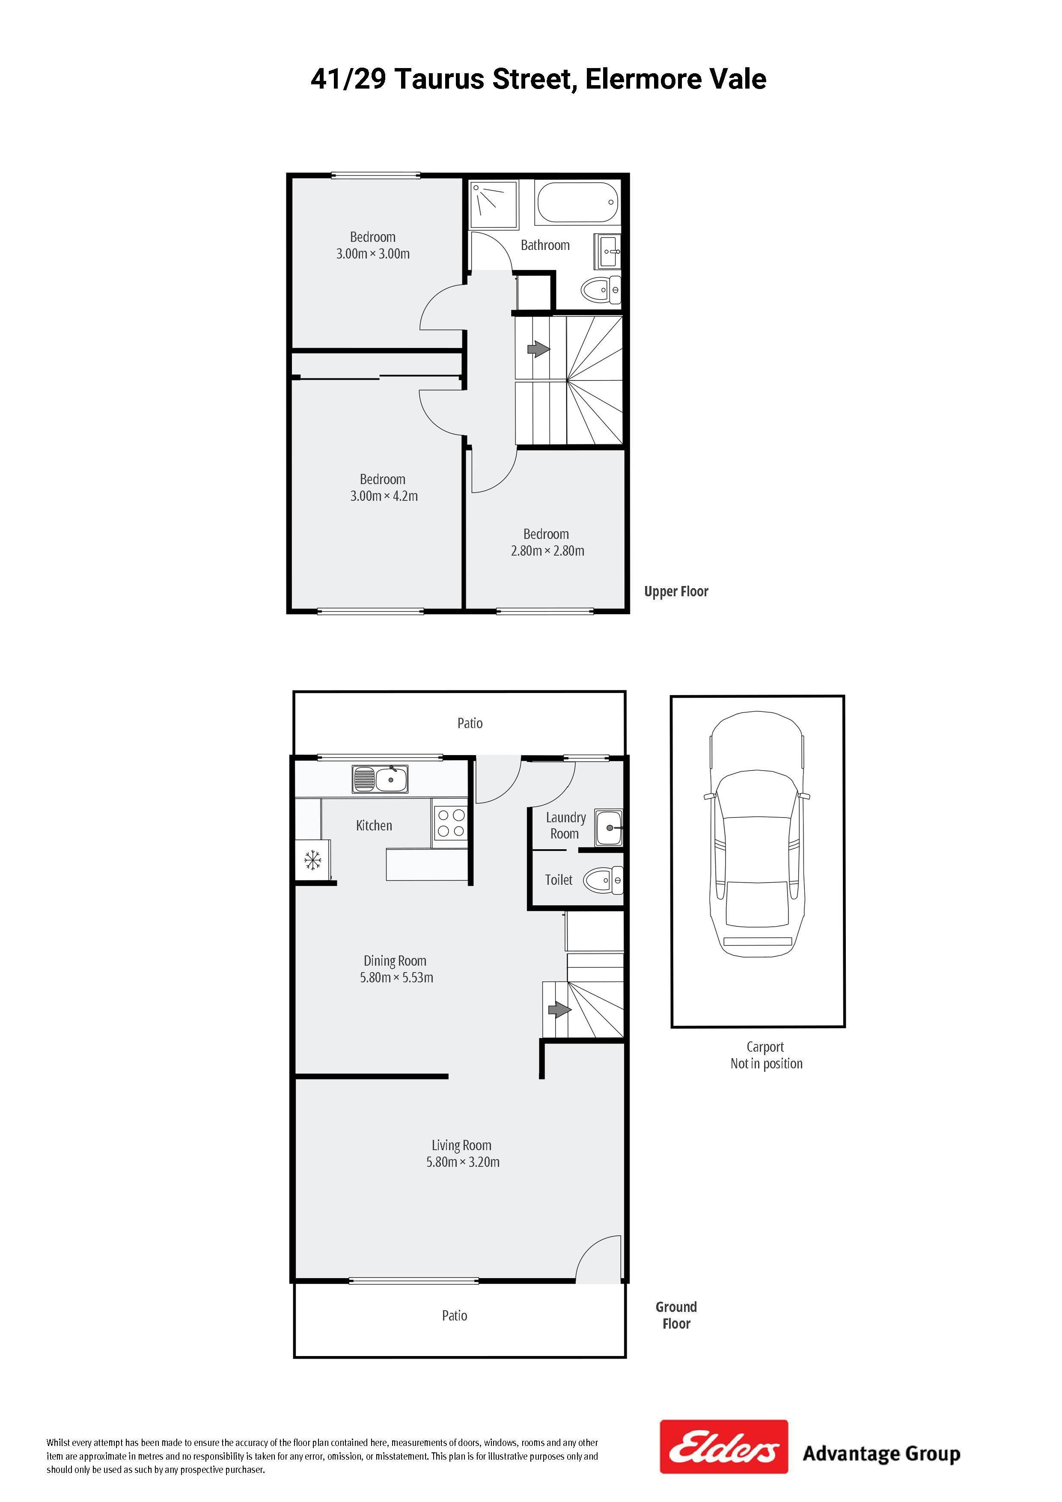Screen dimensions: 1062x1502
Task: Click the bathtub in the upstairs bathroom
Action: click(577, 202)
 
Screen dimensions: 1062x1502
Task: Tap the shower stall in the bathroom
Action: click(494, 204)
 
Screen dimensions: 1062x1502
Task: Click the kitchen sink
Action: click(380, 779)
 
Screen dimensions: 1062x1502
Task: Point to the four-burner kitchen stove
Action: click(451, 824)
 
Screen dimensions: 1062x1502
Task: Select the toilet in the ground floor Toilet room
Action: click(603, 880)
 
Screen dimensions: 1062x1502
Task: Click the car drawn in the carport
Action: click(757, 834)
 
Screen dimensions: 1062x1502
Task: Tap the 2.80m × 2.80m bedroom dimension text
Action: click(547, 551)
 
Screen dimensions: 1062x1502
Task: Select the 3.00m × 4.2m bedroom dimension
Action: click(384, 496)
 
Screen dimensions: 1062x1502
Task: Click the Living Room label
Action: click(461, 1145)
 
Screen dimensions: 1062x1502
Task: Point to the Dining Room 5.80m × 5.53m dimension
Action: click(396, 977)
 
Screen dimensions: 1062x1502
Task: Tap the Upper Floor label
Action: click(676, 592)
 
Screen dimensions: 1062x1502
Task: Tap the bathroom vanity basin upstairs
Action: click(609, 251)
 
